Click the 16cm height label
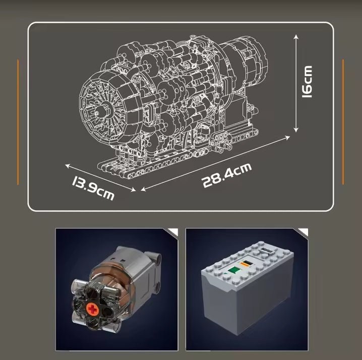tap(307, 82)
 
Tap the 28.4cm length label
tap(227, 175)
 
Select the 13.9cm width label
tap(93, 188)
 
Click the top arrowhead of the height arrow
tap(296, 37)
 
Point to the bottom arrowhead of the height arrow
tap(296, 130)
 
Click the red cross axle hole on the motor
tap(92, 309)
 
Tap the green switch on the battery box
tap(234, 270)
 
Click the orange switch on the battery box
tap(246, 263)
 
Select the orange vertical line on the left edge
tap(18, 122)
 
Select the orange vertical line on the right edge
tap(343, 122)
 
